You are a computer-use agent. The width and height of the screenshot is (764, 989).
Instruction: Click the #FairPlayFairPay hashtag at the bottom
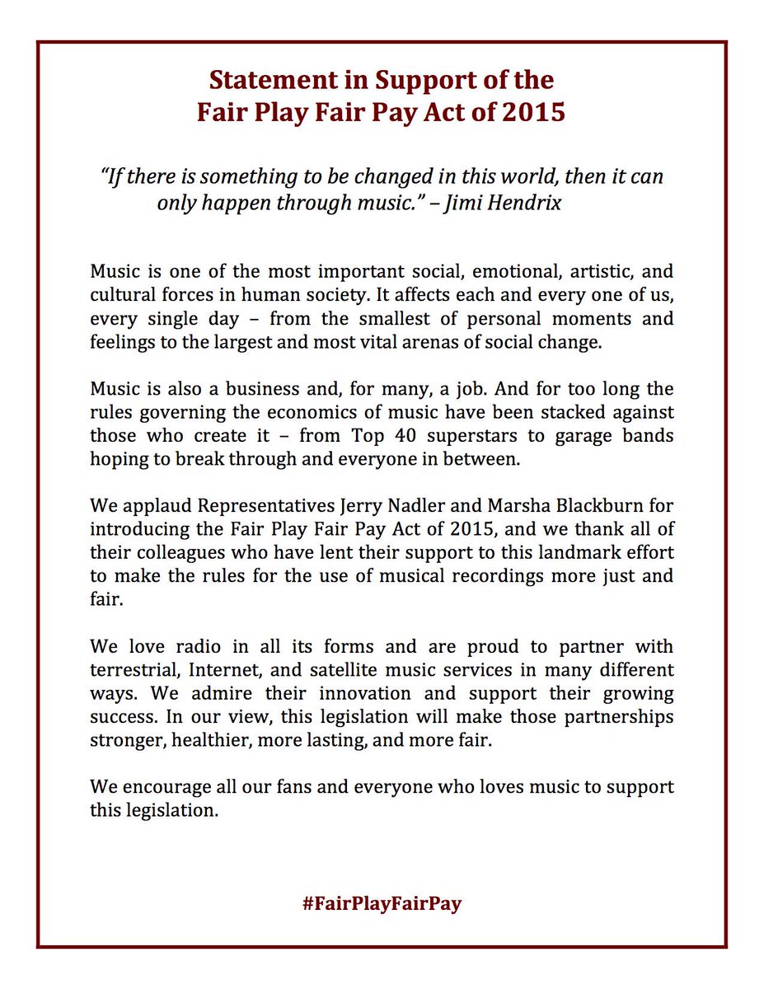click(382, 902)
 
